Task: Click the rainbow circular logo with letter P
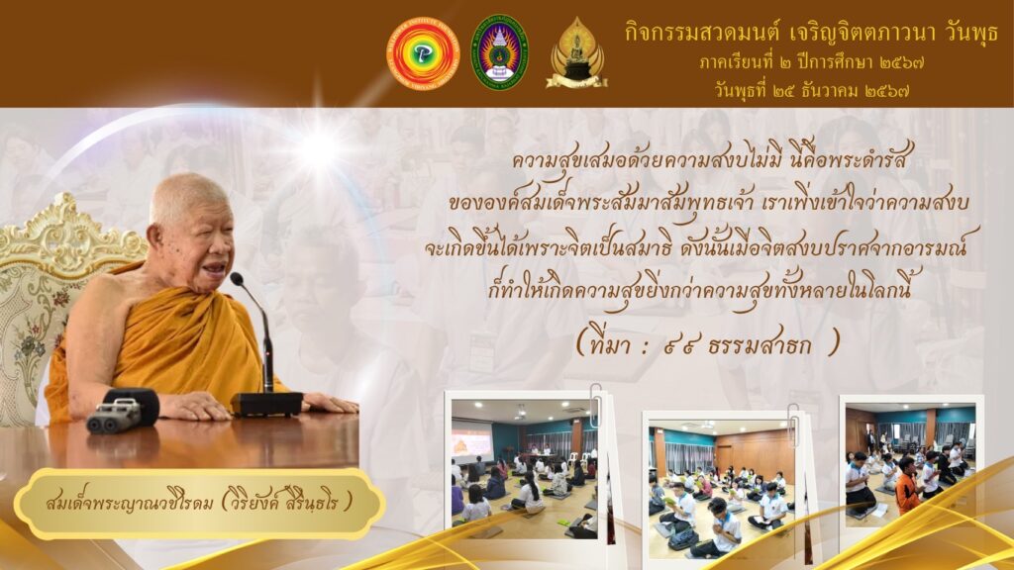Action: [422, 53]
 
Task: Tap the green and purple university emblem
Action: [499, 52]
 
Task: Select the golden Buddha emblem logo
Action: [576, 53]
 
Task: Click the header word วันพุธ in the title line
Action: [970, 33]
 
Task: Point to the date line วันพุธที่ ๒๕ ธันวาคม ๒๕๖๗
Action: [813, 90]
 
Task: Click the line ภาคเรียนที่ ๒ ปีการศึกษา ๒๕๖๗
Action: [811, 62]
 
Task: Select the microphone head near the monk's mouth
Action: [236, 279]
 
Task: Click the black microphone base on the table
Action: [266, 404]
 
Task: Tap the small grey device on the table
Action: [114, 415]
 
